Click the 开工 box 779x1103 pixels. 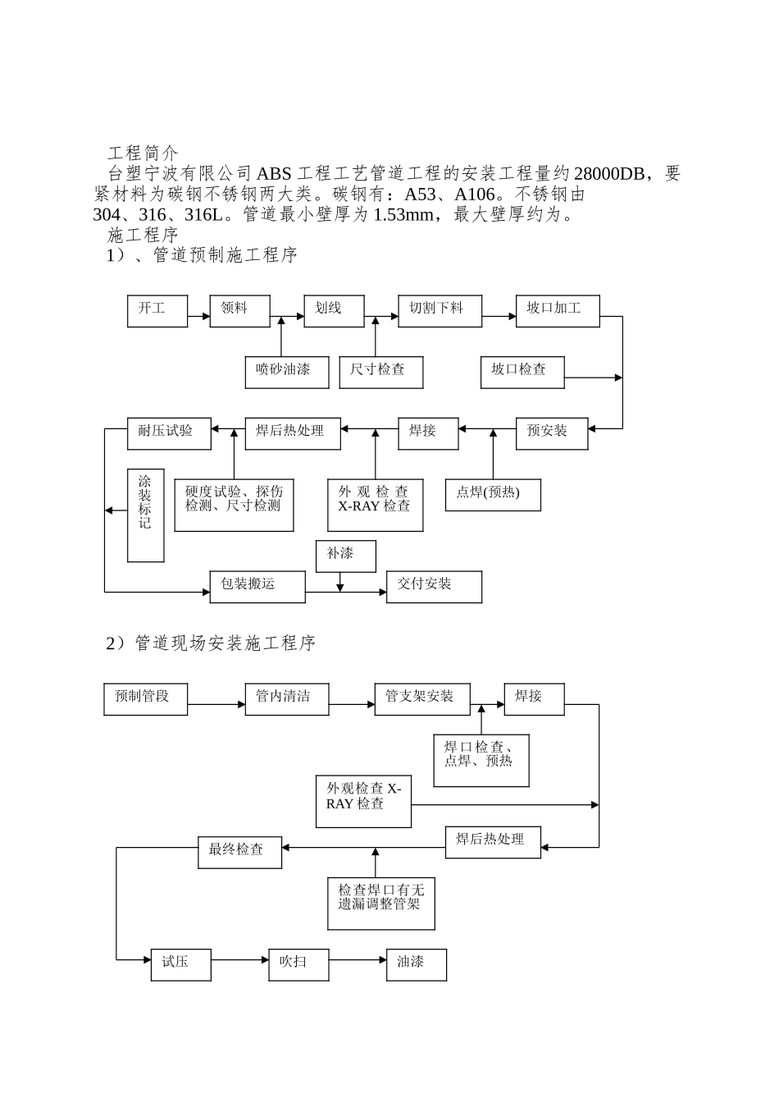click(x=157, y=310)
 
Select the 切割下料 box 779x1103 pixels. click(x=440, y=310)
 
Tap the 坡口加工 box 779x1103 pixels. click(x=557, y=310)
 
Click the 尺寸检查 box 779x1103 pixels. click(x=381, y=372)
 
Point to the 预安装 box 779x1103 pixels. click(x=551, y=433)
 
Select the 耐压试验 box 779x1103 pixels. click(x=169, y=433)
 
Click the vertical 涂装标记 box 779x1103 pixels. click(x=145, y=515)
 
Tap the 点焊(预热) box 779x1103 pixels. click(x=493, y=494)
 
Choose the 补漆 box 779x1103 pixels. click(x=345, y=556)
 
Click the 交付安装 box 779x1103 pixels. click(x=434, y=586)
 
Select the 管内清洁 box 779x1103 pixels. click(x=287, y=698)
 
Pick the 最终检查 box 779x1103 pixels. click(x=239, y=852)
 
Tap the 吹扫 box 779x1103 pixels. click(x=298, y=963)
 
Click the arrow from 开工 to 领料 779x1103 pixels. click(x=198, y=316)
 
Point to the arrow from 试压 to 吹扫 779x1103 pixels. click(x=239, y=959)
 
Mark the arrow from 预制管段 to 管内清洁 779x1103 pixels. click(x=216, y=704)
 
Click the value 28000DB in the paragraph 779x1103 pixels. click(x=608, y=174)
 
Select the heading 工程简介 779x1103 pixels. click(x=142, y=153)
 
